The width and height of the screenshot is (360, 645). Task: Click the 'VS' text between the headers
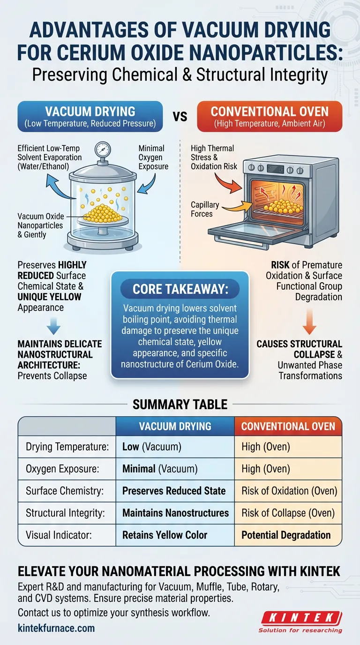pos(180,116)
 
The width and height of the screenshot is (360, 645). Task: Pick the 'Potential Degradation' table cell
pos(286,535)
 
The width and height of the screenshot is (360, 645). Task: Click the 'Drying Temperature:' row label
pos(67,447)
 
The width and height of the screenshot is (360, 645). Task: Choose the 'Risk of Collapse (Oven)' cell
pos(288,513)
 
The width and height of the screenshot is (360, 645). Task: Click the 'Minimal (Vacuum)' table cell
pos(160,469)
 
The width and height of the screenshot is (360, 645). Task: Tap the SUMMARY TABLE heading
pos(180,404)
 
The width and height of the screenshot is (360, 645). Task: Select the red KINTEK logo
pos(301,618)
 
